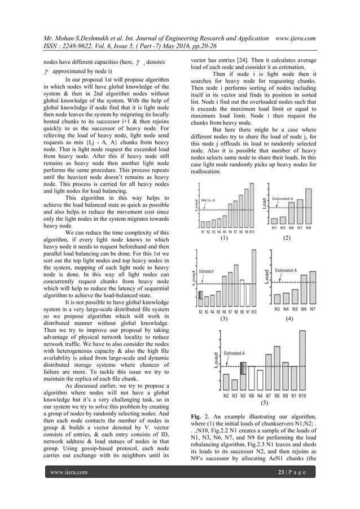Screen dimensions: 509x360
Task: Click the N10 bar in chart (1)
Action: tap(252, 206)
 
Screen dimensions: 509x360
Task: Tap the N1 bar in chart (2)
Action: tap(274, 221)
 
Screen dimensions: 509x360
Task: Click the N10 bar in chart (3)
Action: tap(253, 279)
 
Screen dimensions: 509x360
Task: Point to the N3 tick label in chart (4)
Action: tap(277, 309)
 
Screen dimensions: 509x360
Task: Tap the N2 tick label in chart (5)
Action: tap(226, 396)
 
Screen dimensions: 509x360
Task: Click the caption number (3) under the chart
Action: tap(224, 319)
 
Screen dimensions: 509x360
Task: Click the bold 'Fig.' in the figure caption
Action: tap(197, 416)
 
